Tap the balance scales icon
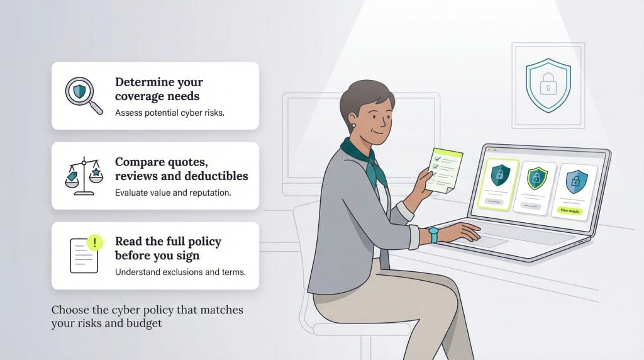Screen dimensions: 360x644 click(x=84, y=176)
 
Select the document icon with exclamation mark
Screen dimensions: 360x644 click(x=84, y=254)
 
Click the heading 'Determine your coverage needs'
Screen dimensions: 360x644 click(x=158, y=89)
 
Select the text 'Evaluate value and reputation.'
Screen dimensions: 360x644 click(x=173, y=193)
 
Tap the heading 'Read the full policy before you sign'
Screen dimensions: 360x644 click(x=168, y=249)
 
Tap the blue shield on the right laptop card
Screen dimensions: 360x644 click(x=573, y=182)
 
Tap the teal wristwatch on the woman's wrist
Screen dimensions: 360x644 click(x=433, y=234)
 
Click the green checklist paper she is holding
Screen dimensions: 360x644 click(x=443, y=170)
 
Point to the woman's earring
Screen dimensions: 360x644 click(x=354, y=127)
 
